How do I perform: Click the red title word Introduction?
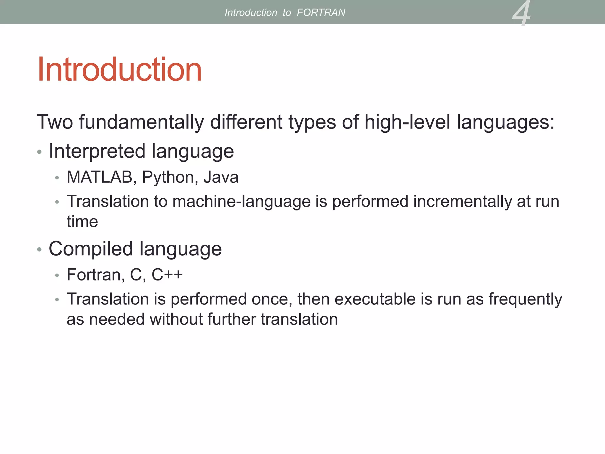[119, 70]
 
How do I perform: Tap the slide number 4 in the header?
[521, 13]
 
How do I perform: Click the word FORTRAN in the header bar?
[321, 12]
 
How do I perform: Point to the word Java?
[221, 177]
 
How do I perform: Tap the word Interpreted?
[97, 151]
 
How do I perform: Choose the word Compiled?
[90, 249]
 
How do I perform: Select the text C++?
[167, 275]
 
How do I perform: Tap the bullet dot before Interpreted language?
[39, 152]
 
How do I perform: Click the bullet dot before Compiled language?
[39, 250]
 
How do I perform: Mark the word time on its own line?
[82, 222]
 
